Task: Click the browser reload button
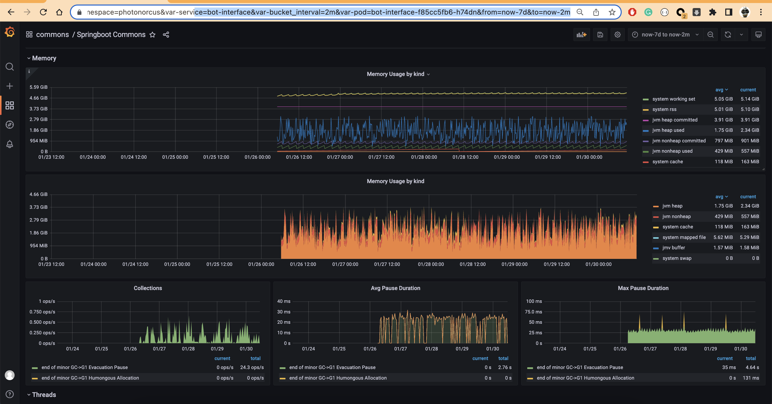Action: point(43,12)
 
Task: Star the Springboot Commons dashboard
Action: point(153,35)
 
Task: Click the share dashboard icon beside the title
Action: point(166,35)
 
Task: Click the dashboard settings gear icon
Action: point(617,35)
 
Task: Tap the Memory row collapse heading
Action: point(44,58)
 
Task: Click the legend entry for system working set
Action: point(673,99)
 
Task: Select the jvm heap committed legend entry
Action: point(674,120)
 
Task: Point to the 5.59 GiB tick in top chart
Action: point(38,87)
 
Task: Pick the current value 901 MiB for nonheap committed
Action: point(750,141)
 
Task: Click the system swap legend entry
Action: point(677,258)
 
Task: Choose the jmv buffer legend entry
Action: point(673,248)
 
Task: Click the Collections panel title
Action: point(148,288)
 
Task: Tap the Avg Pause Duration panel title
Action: point(395,288)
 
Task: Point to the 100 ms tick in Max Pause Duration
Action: point(534,301)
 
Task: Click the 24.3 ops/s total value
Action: point(252,368)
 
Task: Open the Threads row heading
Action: point(44,395)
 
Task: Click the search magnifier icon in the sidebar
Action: point(10,67)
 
